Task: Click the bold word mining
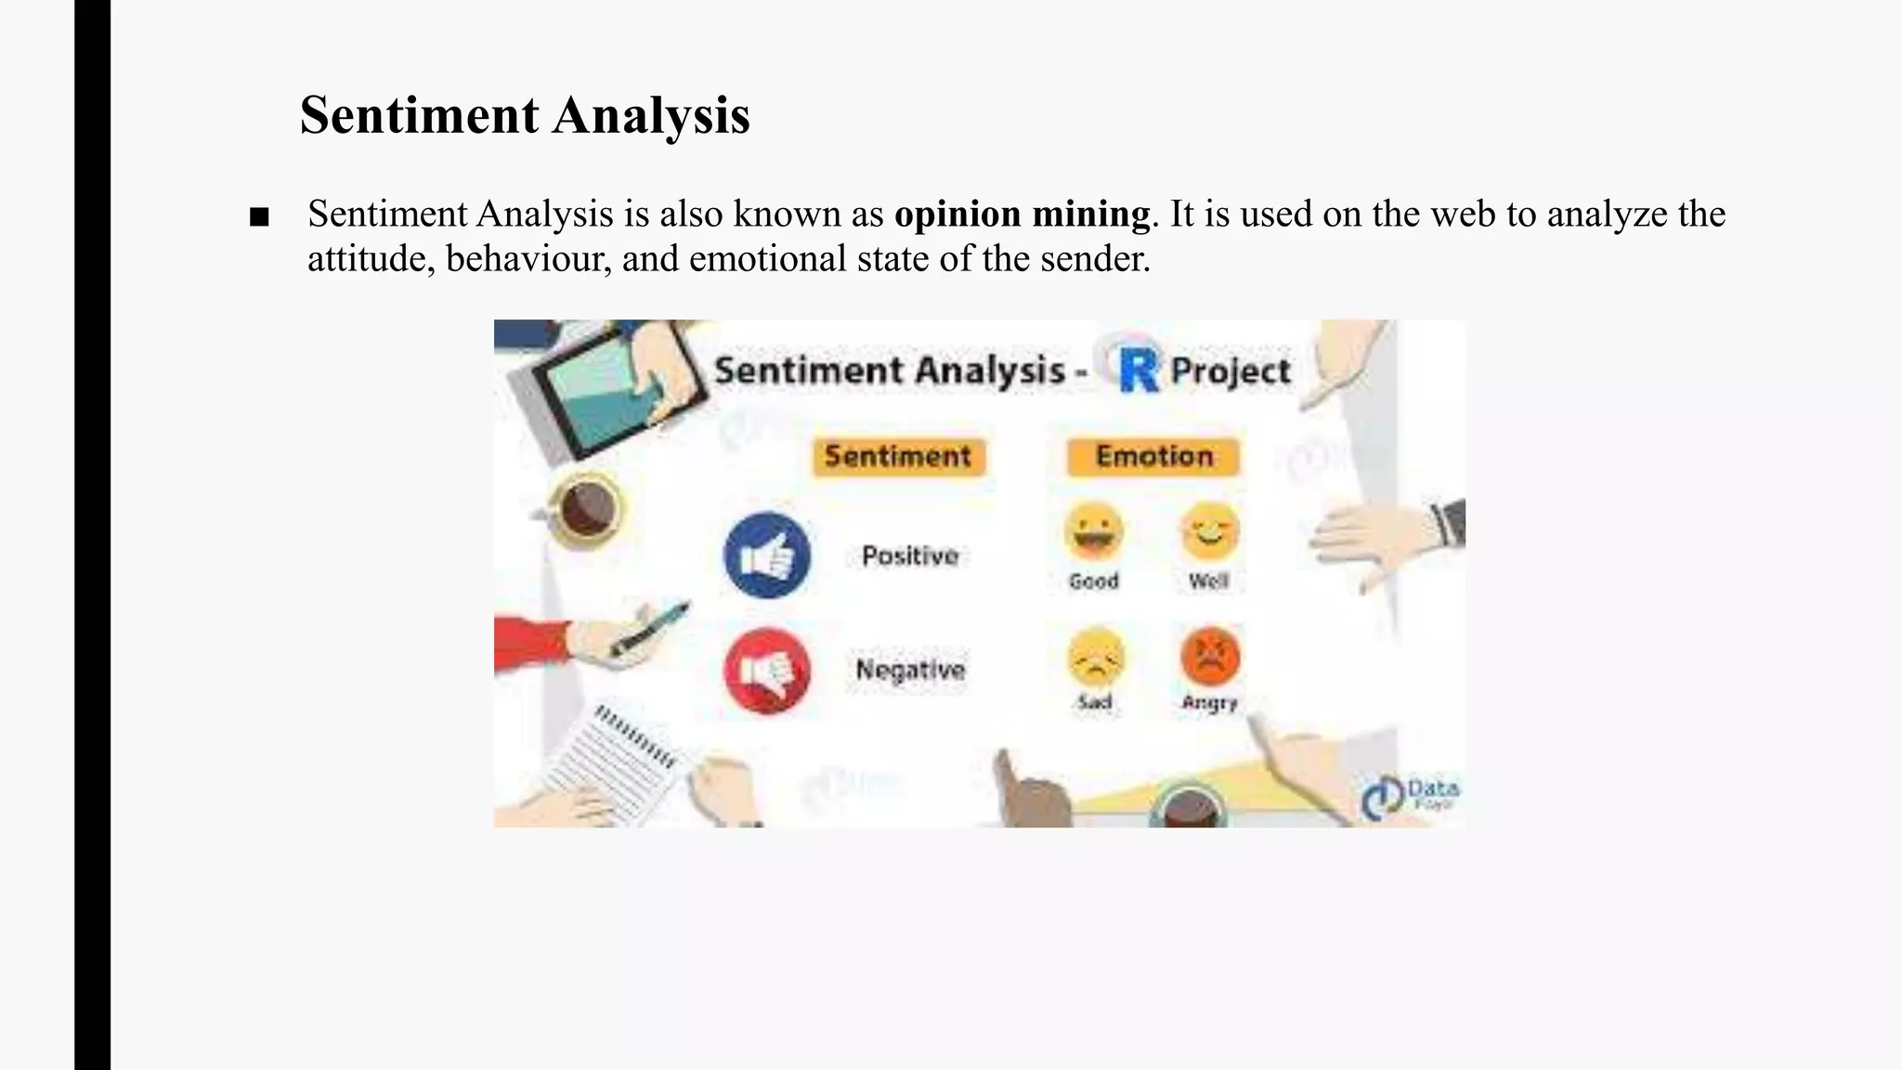pyautogui.click(x=1090, y=215)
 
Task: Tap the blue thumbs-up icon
pyautogui.click(x=767, y=555)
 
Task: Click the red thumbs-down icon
pyautogui.click(x=767, y=671)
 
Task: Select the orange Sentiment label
pyautogui.click(x=898, y=457)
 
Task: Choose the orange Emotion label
pyautogui.click(x=1153, y=457)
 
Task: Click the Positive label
pyautogui.click(x=909, y=555)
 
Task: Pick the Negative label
pyautogui.click(x=910, y=670)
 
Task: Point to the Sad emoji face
pyautogui.click(x=1095, y=657)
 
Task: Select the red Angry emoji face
pyautogui.click(x=1210, y=655)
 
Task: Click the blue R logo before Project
pyautogui.click(x=1139, y=369)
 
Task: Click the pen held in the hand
pyautogui.click(x=650, y=629)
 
